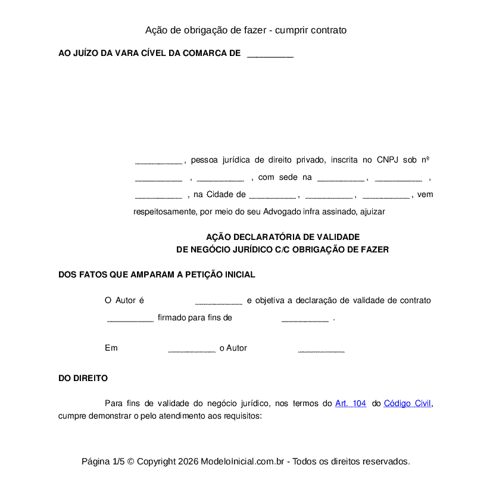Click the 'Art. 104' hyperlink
click(351, 403)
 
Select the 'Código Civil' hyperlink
click(407, 403)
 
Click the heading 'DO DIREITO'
click(83, 378)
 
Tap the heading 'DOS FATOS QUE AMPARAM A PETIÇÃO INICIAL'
click(157, 274)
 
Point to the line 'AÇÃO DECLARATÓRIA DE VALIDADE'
click(283, 236)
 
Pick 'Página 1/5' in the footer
click(103, 461)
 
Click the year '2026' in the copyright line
click(188, 461)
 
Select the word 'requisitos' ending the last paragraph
click(242, 416)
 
